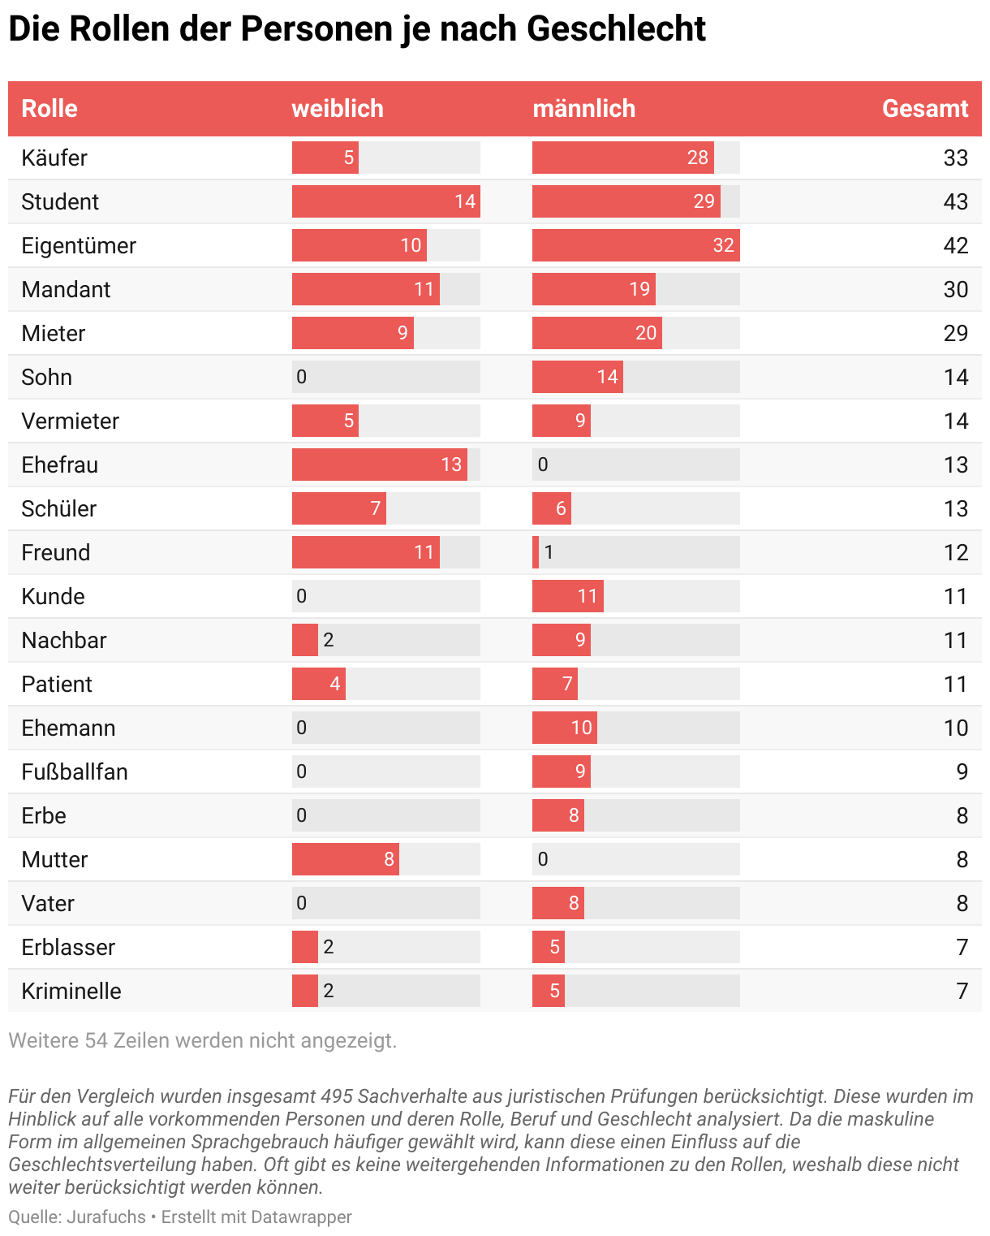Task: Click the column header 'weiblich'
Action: point(338,109)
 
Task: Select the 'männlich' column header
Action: point(583,109)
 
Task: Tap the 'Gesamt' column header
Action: point(924,109)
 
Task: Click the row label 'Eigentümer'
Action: point(79,245)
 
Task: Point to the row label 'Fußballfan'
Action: point(75,771)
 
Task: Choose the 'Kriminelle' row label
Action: point(71,991)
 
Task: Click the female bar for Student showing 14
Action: point(385,201)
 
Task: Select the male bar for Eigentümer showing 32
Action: point(635,245)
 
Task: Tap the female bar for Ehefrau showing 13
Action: point(379,465)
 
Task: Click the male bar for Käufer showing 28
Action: point(622,158)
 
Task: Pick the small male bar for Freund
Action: point(536,552)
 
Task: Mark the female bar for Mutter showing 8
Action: point(345,859)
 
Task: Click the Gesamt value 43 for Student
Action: point(955,201)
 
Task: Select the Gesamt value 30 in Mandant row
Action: point(955,289)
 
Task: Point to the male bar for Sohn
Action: point(577,377)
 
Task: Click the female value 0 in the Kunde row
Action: point(302,596)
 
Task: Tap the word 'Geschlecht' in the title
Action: point(616,29)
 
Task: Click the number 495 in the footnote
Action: point(337,1096)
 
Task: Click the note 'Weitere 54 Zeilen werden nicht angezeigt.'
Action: point(203,1040)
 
